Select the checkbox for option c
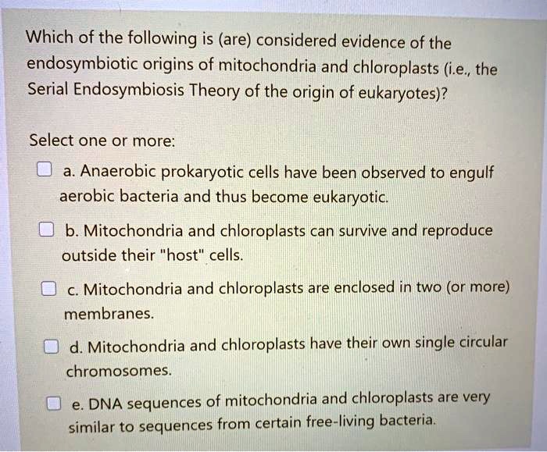(x=48, y=289)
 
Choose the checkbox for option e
(x=53, y=404)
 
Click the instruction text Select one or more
(x=103, y=142)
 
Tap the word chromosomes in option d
(x=118, y=371)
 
